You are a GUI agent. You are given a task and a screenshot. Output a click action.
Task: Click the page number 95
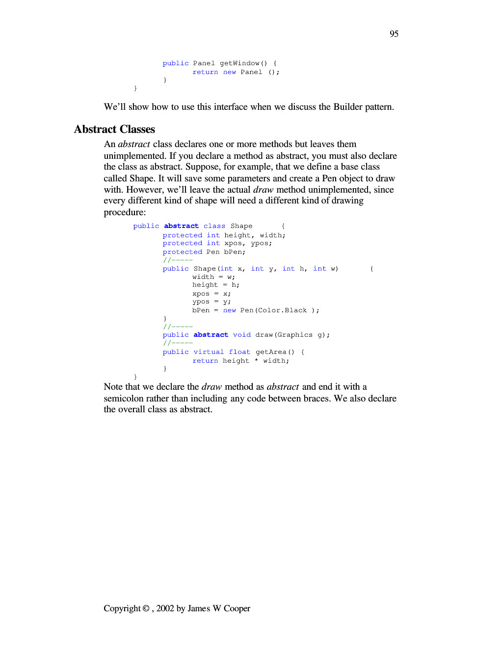pyautogui.click(x=394, y=34)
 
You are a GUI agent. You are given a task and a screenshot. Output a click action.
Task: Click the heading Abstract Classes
pyautogui.click(x=114, y=129)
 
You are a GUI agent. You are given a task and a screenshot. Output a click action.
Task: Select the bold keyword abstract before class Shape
pyautogui.click(x=181, y=226)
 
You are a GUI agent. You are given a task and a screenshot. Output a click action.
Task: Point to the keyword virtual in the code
pyautogui.click(x=209, y=352)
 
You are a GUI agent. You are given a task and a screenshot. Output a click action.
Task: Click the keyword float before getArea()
pyautogui.click(x=239, y=352)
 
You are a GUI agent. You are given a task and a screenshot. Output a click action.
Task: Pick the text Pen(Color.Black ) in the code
pyautogui.click(x=279, y=310)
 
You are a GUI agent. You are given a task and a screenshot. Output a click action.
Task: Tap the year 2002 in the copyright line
pyautogui.click(x=165, y=608)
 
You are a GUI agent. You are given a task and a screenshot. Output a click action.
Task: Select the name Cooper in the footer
pyautogui.click(x=237, y=608)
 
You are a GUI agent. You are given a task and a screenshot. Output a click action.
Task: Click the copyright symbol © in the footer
pyautogui.click(x=146, y=608)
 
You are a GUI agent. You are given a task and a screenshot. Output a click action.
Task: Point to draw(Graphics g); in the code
pyautogui.click(x=292, y=335)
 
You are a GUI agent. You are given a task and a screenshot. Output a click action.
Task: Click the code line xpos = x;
pyautogui.click(x=211, y=294)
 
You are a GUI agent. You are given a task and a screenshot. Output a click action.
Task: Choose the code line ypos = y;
pyautogui.click(x=211, y=302)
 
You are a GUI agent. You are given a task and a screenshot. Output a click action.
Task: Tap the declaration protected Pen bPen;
pyautogui.click(x=204, y=252)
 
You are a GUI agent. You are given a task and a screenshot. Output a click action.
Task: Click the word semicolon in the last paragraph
pyautogui.click(x=124, y=399)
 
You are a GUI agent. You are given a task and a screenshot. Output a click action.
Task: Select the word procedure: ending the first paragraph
pyautogui.click(x=125, y=212)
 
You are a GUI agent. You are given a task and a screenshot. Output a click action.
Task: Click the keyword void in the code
pyautogui.click(x=242, y=335)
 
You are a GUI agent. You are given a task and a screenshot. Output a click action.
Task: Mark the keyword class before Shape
pyautogui.click(x=214, y=226)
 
